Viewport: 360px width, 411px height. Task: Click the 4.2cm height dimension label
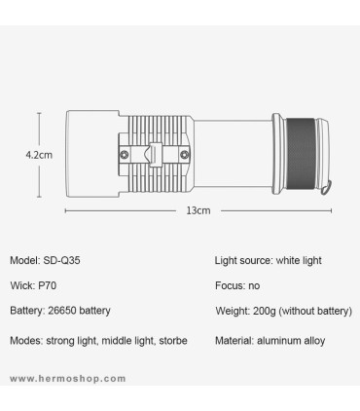point(39,155)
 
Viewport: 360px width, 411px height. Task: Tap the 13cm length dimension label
point(198,210)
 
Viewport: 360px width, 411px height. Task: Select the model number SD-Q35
point(61,260)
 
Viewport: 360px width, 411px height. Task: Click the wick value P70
point(48,285)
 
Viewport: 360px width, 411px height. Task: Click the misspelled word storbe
point(173,341)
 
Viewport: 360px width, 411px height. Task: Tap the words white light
point(299,260)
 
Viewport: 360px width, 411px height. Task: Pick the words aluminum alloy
point(291,341)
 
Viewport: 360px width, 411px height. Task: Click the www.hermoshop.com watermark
point(68,379)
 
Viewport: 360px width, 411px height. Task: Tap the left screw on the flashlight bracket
point(125,155)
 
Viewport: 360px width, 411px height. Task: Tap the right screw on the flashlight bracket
point(185,155)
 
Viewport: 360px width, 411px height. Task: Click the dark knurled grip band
point(301,154)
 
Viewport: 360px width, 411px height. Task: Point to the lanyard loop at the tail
point(326,188)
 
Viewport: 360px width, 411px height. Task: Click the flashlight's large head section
point(92,154)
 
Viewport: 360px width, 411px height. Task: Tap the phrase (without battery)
point(316,311)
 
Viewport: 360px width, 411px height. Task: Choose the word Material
point(234,341)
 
